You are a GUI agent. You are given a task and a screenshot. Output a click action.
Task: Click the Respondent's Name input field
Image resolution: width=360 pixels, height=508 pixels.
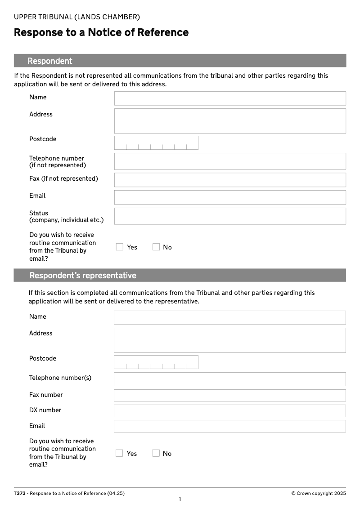(230, 98)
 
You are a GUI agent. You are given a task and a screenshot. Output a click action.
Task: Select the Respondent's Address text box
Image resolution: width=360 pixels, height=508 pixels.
(230, 121)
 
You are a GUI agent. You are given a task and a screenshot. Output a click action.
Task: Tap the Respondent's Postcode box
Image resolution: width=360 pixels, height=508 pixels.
(156, 143)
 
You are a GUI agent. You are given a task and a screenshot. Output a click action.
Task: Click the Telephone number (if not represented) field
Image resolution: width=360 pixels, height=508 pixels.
(230, 161)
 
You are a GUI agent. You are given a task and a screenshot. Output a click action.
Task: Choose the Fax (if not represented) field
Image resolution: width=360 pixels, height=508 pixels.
(230, 180)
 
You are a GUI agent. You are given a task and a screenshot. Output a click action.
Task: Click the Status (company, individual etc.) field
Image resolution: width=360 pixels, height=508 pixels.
(230, 216)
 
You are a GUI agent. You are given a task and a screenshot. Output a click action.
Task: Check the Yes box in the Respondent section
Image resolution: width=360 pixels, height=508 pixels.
(120, 247)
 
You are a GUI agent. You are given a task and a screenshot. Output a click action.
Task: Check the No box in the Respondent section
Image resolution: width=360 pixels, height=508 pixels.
(156, 247)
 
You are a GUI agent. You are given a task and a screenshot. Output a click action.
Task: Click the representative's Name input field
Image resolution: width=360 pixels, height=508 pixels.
(230, 317)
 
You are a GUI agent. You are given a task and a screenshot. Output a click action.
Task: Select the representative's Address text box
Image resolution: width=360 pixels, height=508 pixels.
(230, 340)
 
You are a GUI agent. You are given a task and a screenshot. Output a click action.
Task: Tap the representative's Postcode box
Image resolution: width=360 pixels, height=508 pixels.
(156, 362)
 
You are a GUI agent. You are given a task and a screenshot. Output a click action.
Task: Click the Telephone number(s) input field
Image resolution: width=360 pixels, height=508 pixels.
(230, 379)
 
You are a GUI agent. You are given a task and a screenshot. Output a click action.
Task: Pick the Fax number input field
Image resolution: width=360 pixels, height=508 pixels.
(230, 396)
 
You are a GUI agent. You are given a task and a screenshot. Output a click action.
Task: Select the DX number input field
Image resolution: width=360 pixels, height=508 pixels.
(230, 411)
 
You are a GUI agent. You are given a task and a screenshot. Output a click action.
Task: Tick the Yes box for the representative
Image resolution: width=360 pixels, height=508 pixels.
(119, 453)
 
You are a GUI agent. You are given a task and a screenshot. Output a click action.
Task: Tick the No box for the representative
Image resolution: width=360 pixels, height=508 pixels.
(156, 453)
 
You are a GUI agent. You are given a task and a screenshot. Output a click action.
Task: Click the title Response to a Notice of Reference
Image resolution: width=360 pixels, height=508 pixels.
(101, 32)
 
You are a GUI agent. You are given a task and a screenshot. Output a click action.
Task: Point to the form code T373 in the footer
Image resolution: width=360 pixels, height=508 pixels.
(20, 493)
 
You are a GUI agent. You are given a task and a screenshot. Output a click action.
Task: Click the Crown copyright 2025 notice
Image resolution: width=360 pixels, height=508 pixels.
(319, 493)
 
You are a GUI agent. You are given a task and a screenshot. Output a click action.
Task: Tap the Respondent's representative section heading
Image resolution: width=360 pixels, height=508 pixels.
(83, 275)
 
